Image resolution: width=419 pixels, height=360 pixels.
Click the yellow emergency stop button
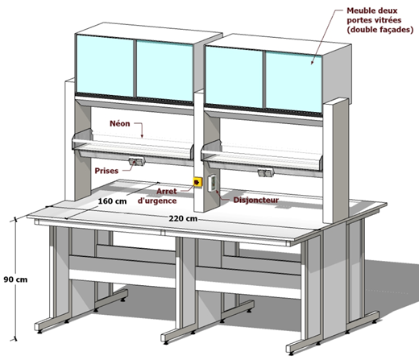[197, 182]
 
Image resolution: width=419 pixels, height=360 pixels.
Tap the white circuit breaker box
[213, 183]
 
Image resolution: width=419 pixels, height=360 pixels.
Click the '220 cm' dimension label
[183, 218]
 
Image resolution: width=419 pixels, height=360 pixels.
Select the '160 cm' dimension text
[112, 201]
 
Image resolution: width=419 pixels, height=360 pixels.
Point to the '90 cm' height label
[15, 279]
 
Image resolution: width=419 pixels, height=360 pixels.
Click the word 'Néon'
[120, 123]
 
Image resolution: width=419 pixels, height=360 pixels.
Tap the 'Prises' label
[106, 171]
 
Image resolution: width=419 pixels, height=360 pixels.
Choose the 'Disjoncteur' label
[256, 200]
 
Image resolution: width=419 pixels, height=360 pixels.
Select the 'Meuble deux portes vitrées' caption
[380, 20]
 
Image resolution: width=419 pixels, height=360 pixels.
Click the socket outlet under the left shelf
[137, 161]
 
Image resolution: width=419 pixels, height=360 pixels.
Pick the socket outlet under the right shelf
[266, 172]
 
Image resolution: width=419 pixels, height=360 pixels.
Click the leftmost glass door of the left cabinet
[105, 66]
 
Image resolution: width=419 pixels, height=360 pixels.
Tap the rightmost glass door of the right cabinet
[293, 82]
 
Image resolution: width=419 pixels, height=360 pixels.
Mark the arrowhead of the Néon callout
[142, 136]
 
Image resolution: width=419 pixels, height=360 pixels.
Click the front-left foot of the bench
[39, 332]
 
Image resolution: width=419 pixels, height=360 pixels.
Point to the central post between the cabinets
[199, 151]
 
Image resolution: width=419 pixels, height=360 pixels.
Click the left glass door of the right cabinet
[234, 77]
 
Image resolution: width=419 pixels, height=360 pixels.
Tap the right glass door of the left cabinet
[164, 71]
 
